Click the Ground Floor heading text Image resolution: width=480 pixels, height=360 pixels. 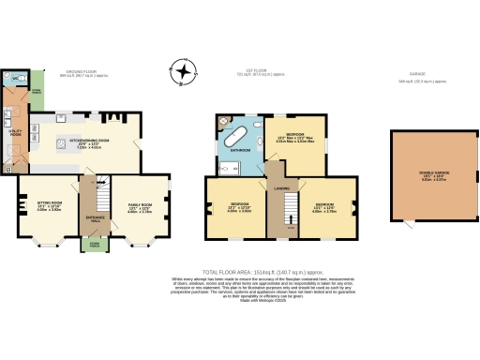pos(77,70)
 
